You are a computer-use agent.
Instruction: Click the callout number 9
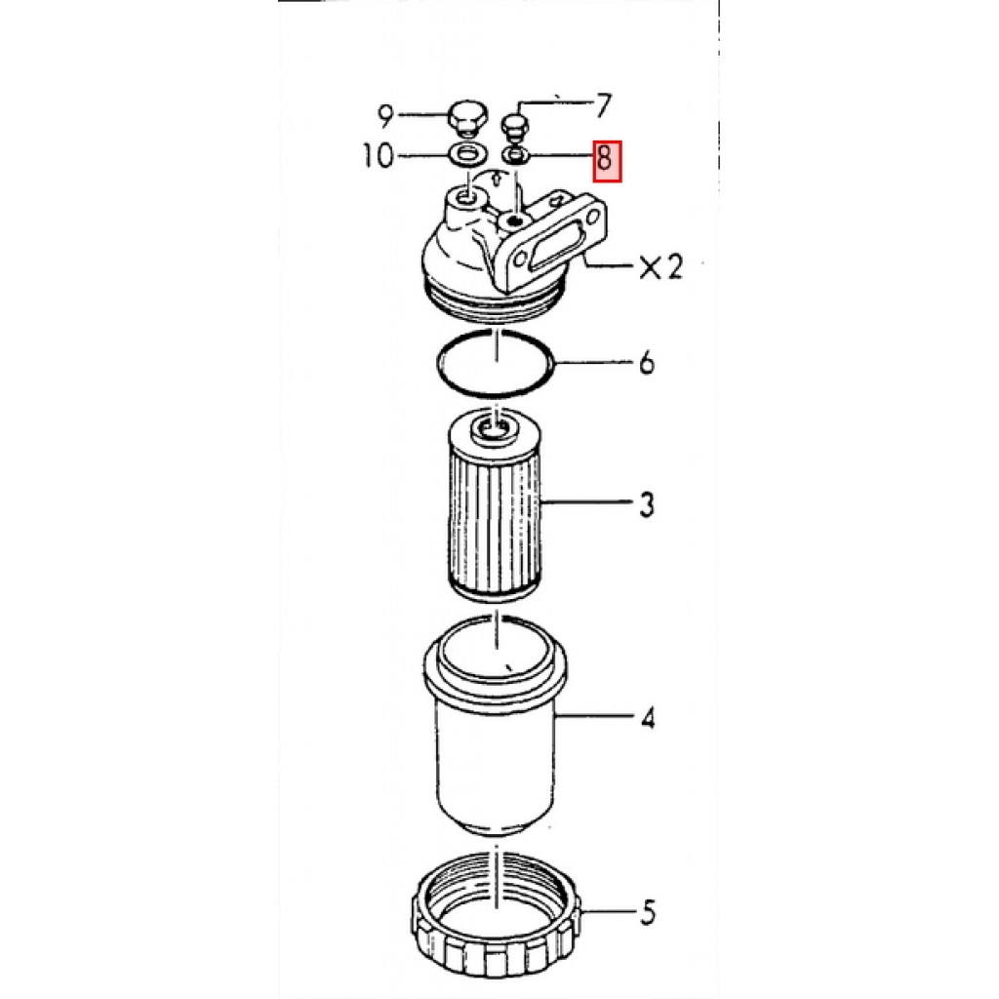[385, 116]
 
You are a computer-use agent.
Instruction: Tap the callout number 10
[379, 155]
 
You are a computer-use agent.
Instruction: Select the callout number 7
[603, 106]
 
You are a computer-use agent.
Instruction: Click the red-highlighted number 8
[607, 161]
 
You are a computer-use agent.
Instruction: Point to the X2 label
[660, 266]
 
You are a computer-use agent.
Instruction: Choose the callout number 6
[646, 363]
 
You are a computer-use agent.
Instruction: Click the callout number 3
[647, 504]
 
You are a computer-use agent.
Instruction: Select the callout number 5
[647, 912]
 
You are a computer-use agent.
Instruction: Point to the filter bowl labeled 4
[495, 726]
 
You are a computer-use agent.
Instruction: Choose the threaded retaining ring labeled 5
[495, 917]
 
